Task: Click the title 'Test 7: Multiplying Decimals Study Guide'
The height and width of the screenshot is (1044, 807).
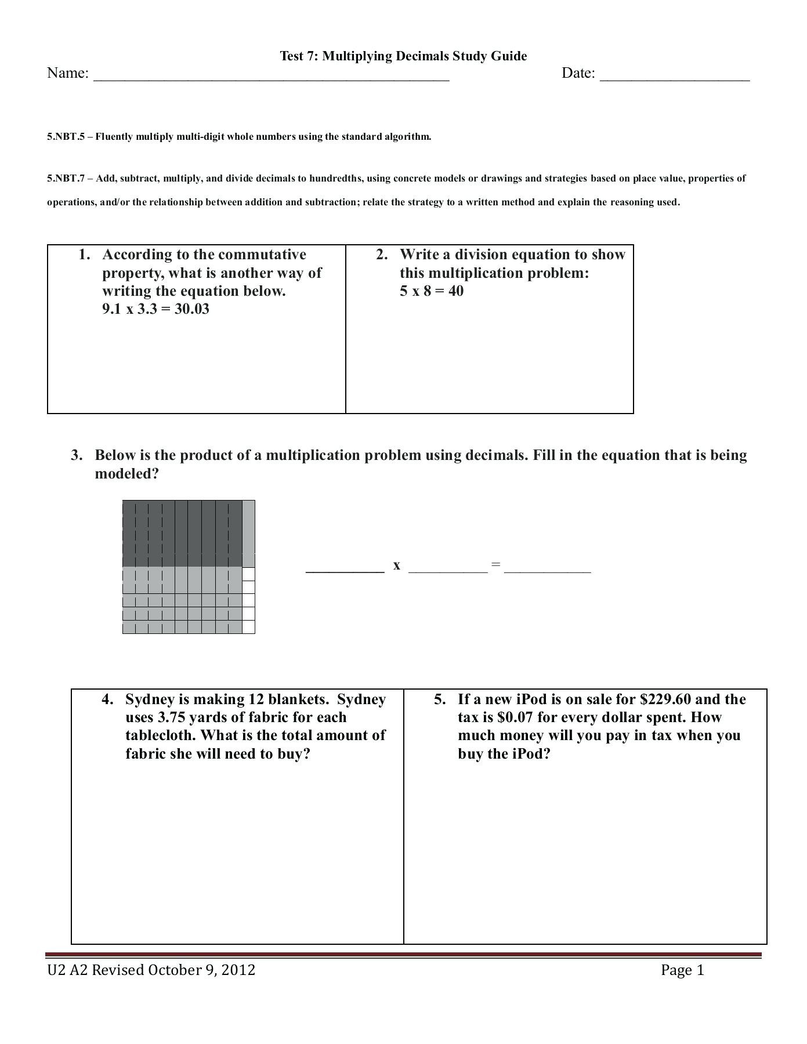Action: coord(403,56)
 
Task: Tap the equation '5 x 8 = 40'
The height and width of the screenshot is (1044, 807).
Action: coord(431,291)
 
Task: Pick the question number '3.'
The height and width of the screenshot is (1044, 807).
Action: coord(77,455)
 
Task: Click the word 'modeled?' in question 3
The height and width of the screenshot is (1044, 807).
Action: coord(126,474)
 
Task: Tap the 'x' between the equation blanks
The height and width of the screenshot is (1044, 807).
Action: coord(396,565)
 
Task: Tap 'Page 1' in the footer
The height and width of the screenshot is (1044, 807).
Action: coord(682,970)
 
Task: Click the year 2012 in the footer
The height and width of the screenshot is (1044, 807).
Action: coord(239,970)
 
